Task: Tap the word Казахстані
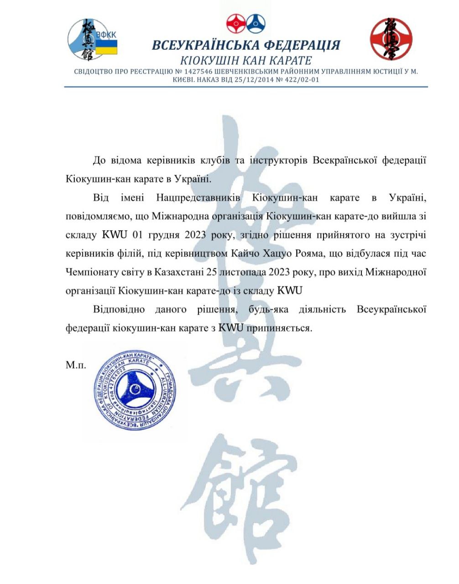point(178,272)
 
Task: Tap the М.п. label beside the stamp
point(76,365)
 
